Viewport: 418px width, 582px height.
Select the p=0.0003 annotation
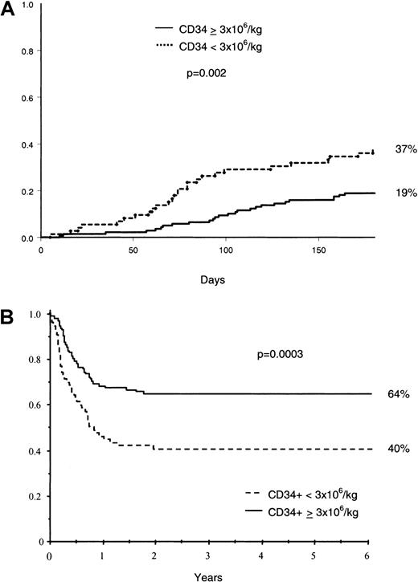coord(305,351)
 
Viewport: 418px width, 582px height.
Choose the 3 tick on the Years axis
coord(209,555)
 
